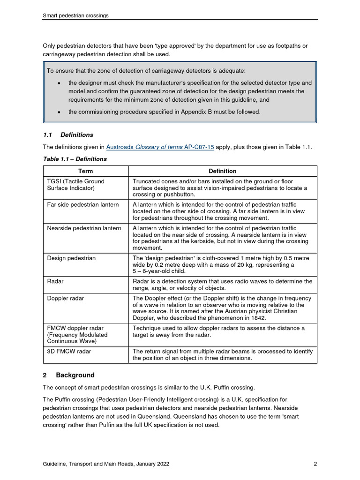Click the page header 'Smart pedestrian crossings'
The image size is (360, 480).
click(75, 15)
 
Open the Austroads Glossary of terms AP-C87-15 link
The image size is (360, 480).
click(160, 147)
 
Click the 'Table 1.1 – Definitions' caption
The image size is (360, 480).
click(75, 159)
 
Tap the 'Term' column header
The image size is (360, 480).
click(85, 171)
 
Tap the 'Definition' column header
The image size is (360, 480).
click(222, 171)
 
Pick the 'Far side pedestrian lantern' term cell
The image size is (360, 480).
click(83, 205)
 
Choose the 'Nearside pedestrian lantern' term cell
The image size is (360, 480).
click(84, 228)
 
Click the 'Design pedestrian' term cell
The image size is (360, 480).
click(71, 258)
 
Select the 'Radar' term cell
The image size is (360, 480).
click(55, 282)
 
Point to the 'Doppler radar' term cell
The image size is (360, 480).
click(66, 298)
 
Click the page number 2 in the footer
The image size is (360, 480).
click(315, 464)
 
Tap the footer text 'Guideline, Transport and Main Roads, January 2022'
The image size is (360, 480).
click(106, 464)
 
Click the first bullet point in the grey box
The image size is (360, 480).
click(59, 83)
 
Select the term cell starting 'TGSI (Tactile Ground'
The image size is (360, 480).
click(75, 185)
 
